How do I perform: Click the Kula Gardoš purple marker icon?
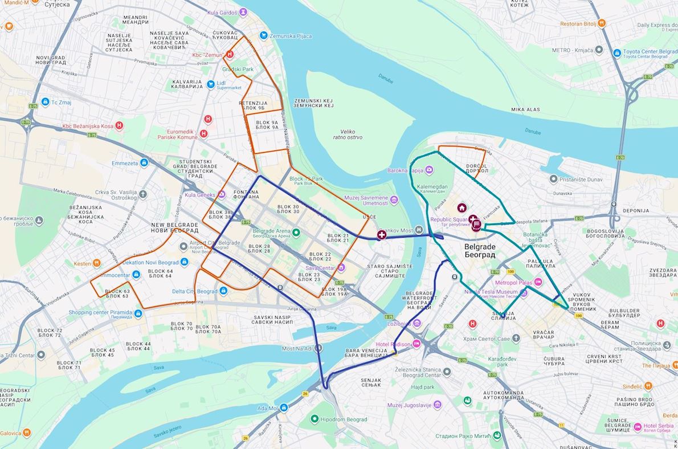(243, 11)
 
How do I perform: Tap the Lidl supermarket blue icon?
(211, 84)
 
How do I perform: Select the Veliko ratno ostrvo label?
(348, 134)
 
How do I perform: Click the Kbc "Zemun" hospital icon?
(230, 54)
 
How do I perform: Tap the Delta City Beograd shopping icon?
(223, 291)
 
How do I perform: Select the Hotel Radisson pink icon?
(416, 344)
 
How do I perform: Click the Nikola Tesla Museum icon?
(524, 292)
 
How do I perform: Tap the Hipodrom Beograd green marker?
(314, 419)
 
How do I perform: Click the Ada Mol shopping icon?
(283, 408)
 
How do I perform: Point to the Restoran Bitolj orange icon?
(602, 23)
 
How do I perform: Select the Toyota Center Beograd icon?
(616, 53)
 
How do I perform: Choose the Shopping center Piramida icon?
(138, 312)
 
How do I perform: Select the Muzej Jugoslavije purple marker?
(437, 405)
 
